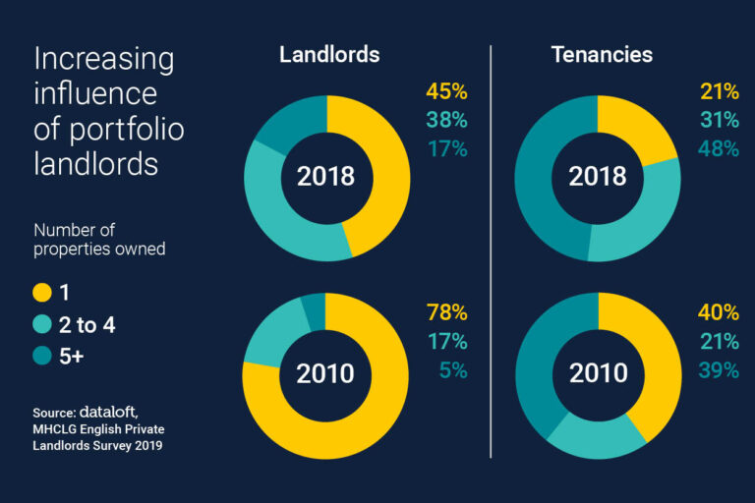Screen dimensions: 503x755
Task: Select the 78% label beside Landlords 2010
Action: pyautogui.click(x=446, y=313)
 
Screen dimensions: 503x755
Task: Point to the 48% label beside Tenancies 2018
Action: pyautogui.click(x=718, y=149)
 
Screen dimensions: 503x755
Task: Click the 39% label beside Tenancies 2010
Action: pyautogui.click(x=718, y=370)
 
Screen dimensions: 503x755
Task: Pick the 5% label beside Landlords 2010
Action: pyautogui.click(x=452, y=370)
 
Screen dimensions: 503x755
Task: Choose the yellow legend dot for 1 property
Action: pyautogui.click(x=42, y=292)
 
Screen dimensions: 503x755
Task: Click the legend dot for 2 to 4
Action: pyautogui.click(x=42, y=324)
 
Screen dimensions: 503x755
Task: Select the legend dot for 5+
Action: pyautogui.click(x=42, y=357)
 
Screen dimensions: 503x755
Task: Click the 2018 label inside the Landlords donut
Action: pyautogui.click(x=325, y=177)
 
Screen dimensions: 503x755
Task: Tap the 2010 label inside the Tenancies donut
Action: pyautogui.click(x=597, y=374)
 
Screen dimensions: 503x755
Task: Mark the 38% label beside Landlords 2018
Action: pyautogui.click(x=446, y=121)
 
